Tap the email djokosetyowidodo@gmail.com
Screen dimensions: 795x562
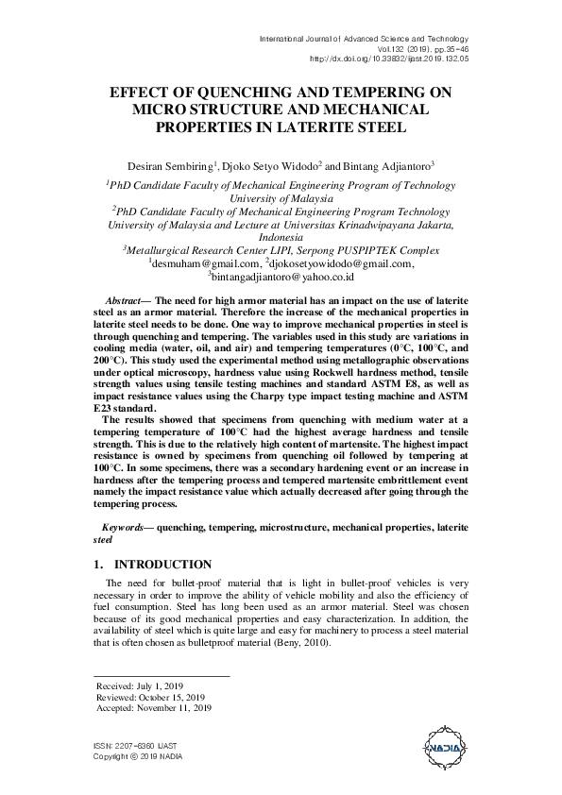pos(340,264)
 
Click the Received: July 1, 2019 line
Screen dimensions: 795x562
pos(140,685)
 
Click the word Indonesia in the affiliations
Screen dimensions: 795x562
pos(281,238)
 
